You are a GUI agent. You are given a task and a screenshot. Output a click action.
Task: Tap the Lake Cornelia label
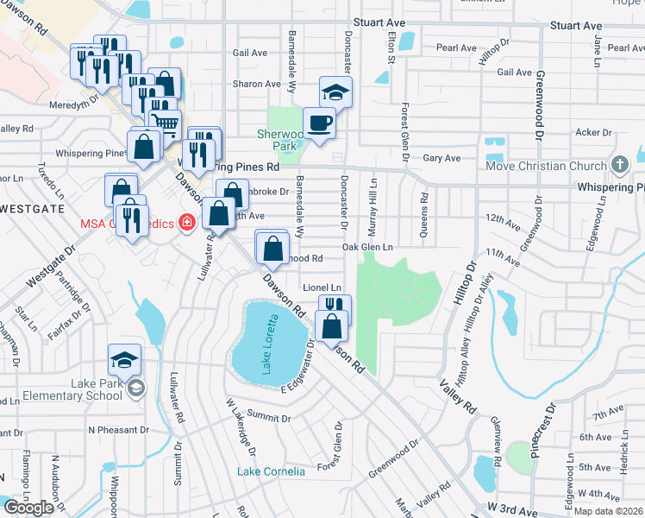[272, 471]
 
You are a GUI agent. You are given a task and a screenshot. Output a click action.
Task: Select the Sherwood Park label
[282, 140]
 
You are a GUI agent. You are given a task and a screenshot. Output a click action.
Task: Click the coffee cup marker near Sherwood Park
[319, 123]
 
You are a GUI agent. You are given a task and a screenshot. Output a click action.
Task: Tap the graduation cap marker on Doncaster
[335, 92]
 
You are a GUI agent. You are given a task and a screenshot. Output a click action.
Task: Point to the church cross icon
[618, 165]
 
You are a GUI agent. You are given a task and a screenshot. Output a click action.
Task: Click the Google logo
[29, 508]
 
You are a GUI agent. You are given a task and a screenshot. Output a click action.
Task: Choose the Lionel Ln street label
[322, 287]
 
